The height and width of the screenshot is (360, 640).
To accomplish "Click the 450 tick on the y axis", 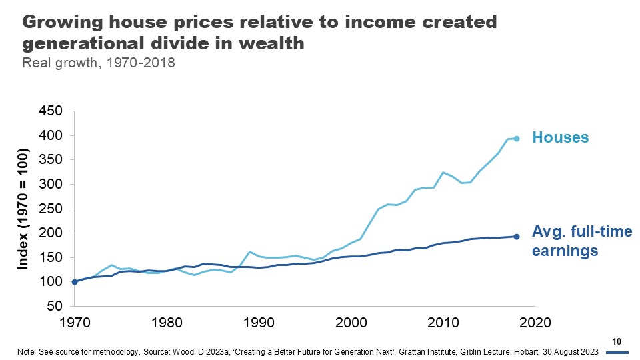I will pos(49,111).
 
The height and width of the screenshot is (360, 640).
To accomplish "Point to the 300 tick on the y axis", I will pos(49,184).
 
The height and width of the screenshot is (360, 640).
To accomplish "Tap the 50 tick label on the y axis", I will pos(53,306).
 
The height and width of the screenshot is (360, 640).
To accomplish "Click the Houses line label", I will pos(560,138).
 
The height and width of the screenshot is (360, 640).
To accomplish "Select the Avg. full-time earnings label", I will pos(581,241).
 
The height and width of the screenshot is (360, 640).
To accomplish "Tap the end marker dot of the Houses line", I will pos(516,139).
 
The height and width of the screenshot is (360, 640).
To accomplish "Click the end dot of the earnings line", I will pos(516,237).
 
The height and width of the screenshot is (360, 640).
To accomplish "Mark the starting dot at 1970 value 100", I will pos(75,282).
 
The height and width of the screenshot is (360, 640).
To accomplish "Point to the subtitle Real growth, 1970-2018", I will pos(99,64).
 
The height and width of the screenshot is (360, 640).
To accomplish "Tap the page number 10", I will pos(617,341).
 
